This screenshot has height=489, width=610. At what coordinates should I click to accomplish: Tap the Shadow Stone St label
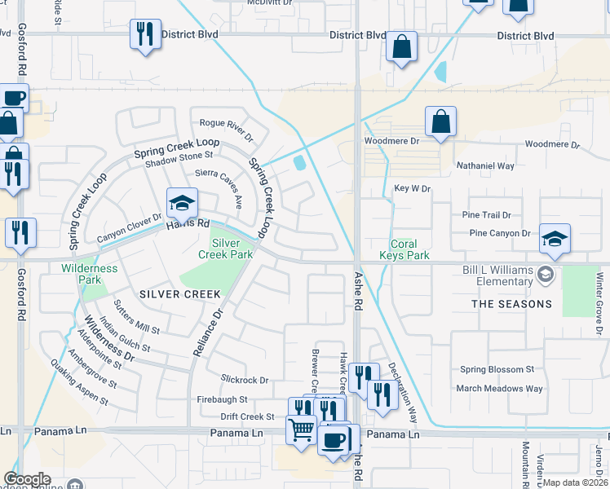coord(179,154)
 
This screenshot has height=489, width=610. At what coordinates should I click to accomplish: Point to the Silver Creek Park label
coord(226,249)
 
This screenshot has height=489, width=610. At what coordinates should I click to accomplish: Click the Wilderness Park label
coord(89,273)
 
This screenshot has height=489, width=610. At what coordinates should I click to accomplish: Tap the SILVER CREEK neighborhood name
coord(179,293)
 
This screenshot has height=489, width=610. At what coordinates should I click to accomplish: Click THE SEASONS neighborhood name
coord(511,304)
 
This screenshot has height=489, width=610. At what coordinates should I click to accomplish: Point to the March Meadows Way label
coord(500,389)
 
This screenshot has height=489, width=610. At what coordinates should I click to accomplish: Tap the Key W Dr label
coord(412,188)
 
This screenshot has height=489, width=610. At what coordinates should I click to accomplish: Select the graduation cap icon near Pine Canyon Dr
coord(555,238)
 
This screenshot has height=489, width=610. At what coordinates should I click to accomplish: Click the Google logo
coord(27,480)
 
